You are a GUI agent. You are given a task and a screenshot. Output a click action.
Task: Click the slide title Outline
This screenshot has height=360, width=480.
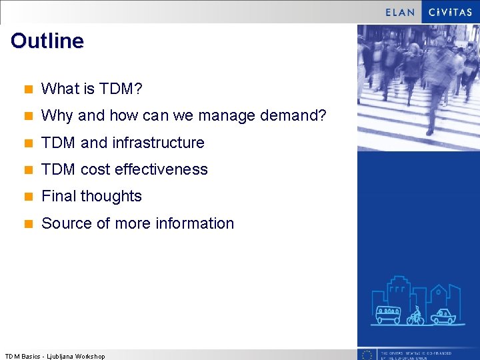pyautogui.click(x=47, y=41)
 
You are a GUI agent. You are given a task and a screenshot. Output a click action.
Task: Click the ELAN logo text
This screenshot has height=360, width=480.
pyautogui.click(x=400, y=12)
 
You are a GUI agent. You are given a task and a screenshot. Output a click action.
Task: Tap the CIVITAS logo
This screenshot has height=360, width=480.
pyautogui.click(x=450, y=12)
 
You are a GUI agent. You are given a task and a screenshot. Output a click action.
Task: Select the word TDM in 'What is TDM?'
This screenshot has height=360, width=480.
pyautogui.click(x=124, y=89)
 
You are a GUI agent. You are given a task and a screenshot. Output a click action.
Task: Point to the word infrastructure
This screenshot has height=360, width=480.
pyautogui.click(x=158, y=143)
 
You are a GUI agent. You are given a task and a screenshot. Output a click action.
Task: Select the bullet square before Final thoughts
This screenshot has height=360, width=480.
pyautogui.click(x=29, y=197)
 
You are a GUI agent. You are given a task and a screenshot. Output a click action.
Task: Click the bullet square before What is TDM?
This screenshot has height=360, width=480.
pyautogui.click(x=29, y=89)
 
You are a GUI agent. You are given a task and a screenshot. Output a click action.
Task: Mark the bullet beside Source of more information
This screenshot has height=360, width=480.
pyautogui.click(x=29, y=224)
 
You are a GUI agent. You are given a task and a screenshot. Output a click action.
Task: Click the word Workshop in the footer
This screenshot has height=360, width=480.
pyautogui.click(x=91, y=357)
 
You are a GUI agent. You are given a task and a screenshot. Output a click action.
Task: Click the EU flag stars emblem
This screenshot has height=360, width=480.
pyautogui.click(x=367, y=355)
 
